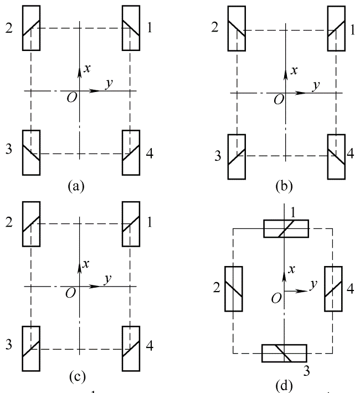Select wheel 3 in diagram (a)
[32, 152]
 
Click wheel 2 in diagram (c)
[32, 223]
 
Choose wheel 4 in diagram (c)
[131, 349]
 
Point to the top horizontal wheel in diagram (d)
[285, 228]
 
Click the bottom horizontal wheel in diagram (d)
[284, 353]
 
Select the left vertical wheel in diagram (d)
[233, 289]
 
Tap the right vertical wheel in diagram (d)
[332, 289]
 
